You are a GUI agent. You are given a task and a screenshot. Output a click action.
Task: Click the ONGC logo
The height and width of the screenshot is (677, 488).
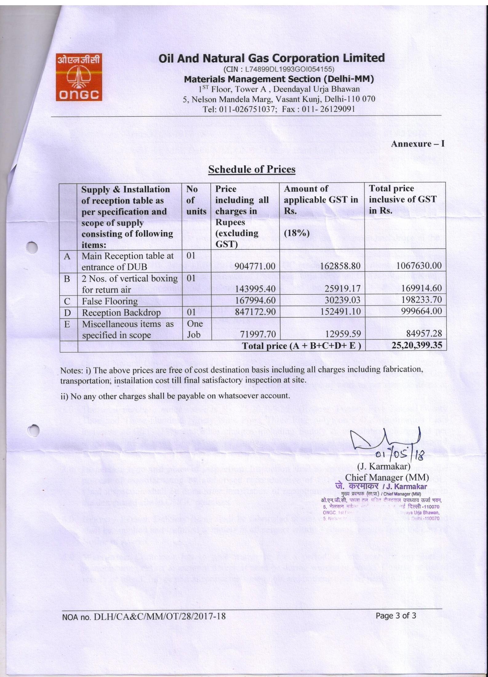[79, 77]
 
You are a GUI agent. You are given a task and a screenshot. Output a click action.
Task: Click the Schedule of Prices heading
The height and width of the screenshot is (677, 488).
[252, 169]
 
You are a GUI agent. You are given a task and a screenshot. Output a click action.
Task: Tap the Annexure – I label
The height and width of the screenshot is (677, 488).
[418, 144]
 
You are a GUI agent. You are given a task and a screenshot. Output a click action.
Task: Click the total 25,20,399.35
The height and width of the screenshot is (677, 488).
[417, 345]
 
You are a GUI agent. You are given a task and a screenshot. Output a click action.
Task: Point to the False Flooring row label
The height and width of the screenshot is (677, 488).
[110, 301]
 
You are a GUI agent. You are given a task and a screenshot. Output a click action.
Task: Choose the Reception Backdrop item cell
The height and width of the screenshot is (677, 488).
[121, 313]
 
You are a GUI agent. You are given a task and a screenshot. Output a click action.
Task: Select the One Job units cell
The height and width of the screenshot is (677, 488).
[195, 329]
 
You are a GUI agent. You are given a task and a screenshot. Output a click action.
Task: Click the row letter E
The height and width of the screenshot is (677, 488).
[67, 324]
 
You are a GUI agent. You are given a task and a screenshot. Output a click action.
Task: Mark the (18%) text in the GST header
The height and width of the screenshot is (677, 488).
[297, 233]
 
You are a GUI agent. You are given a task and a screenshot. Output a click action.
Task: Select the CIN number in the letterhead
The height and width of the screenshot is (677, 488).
[279, 69]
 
